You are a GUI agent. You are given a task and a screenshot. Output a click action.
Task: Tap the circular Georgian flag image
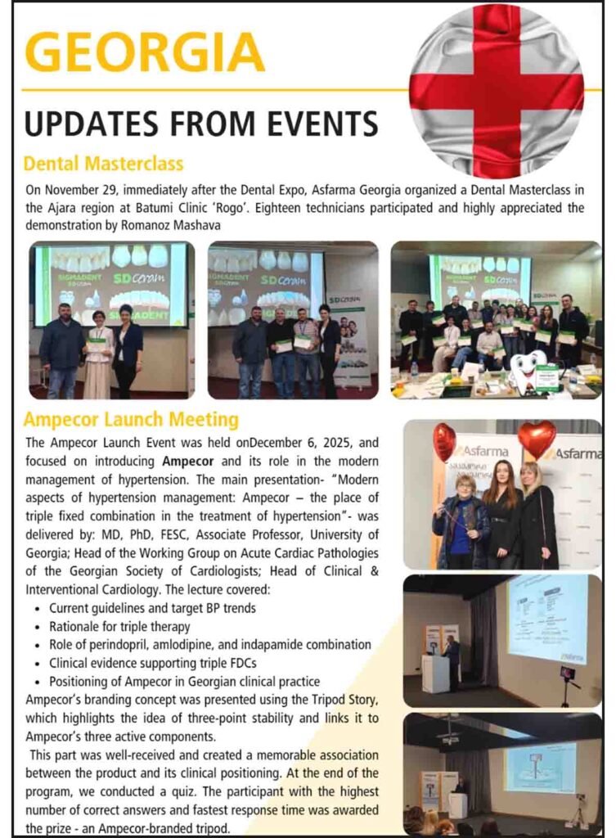coord(497,91)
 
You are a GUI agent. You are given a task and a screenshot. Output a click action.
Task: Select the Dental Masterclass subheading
coord(103,163)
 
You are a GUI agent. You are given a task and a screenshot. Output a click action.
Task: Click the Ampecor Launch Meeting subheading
coord(131,420)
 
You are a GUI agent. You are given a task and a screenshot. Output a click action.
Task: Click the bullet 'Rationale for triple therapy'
coord(119,626)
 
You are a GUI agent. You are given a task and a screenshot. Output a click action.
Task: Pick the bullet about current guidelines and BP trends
coord(152,608)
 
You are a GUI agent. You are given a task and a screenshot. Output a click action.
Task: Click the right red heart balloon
coord(537,438)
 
